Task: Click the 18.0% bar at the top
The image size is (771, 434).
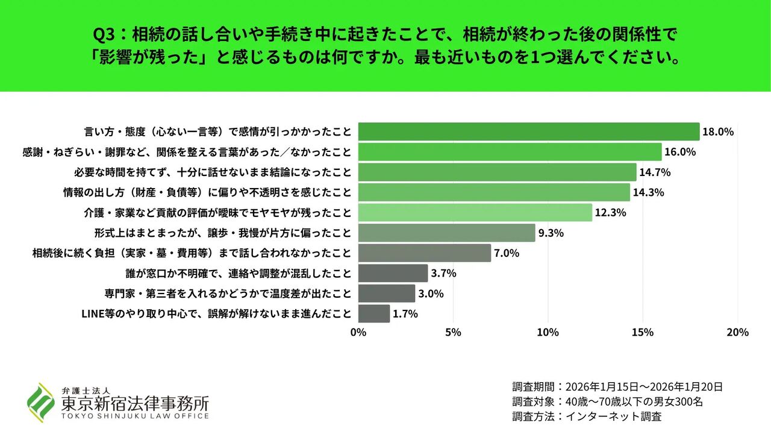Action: click(x=529, y=131)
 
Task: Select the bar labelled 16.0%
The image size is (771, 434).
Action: click(x=510, y=152)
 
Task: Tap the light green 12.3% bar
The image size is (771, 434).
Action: click(x=475, y=212)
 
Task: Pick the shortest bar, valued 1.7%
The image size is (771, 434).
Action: click(x=374, y=313)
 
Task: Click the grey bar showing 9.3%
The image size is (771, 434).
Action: click(x=446, y=233)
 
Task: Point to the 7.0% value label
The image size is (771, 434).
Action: click(x=507, y=253)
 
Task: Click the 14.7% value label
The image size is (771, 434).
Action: click(x=655, y=172)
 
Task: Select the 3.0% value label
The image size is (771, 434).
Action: click(x=431, y=294)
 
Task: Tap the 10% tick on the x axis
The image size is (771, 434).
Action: click(x=548, y=332)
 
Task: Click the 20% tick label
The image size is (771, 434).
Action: click(x=737, y=332)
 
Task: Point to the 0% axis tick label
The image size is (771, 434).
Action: click(x=358, y=332)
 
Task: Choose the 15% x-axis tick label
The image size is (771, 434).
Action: click(x=643, y=332)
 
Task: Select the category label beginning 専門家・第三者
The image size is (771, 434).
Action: click(x=228, y=294)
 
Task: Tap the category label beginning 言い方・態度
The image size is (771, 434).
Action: click(x=217, y=131)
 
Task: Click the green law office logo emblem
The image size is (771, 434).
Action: click(x=40, y=402)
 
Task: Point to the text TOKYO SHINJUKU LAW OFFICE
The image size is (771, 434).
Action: click(x=135, y=416)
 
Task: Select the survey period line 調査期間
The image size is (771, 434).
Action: click(x=617, y=387)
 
